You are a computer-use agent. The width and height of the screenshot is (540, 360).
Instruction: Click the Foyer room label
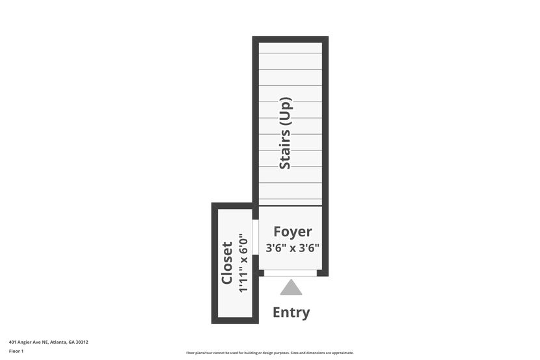click(292, 232)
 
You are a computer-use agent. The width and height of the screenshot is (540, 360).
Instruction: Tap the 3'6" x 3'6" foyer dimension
click(292, 248)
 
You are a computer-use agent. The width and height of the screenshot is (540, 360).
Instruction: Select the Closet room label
click(227, 263)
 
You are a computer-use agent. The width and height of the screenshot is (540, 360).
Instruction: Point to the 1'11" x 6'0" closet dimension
click(243, 263)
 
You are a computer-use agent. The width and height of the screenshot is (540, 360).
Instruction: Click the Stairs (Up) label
click(285, 133)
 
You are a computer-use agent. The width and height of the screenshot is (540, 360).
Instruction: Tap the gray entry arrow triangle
click(291, 287)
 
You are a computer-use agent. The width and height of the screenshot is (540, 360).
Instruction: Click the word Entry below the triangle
click(291, 312)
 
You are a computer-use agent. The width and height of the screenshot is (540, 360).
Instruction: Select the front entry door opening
click(290, 273)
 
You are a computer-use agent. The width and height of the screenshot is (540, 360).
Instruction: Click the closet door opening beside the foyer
click(256, 238)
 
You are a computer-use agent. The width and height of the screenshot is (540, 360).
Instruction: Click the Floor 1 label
click(16, 351)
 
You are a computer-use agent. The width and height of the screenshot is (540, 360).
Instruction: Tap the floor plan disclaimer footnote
click(269, 353)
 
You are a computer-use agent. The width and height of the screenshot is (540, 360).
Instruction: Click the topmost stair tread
click(290, 48)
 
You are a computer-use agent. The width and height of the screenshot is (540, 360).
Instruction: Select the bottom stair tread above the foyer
click(290, 202)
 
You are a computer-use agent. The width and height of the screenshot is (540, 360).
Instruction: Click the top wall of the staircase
click(290, 39)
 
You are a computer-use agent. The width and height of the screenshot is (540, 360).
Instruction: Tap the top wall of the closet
click(232, 206)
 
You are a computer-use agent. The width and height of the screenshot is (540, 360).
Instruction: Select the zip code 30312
click(82, 342)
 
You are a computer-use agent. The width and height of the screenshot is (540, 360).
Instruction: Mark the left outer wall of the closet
click(214, 263)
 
